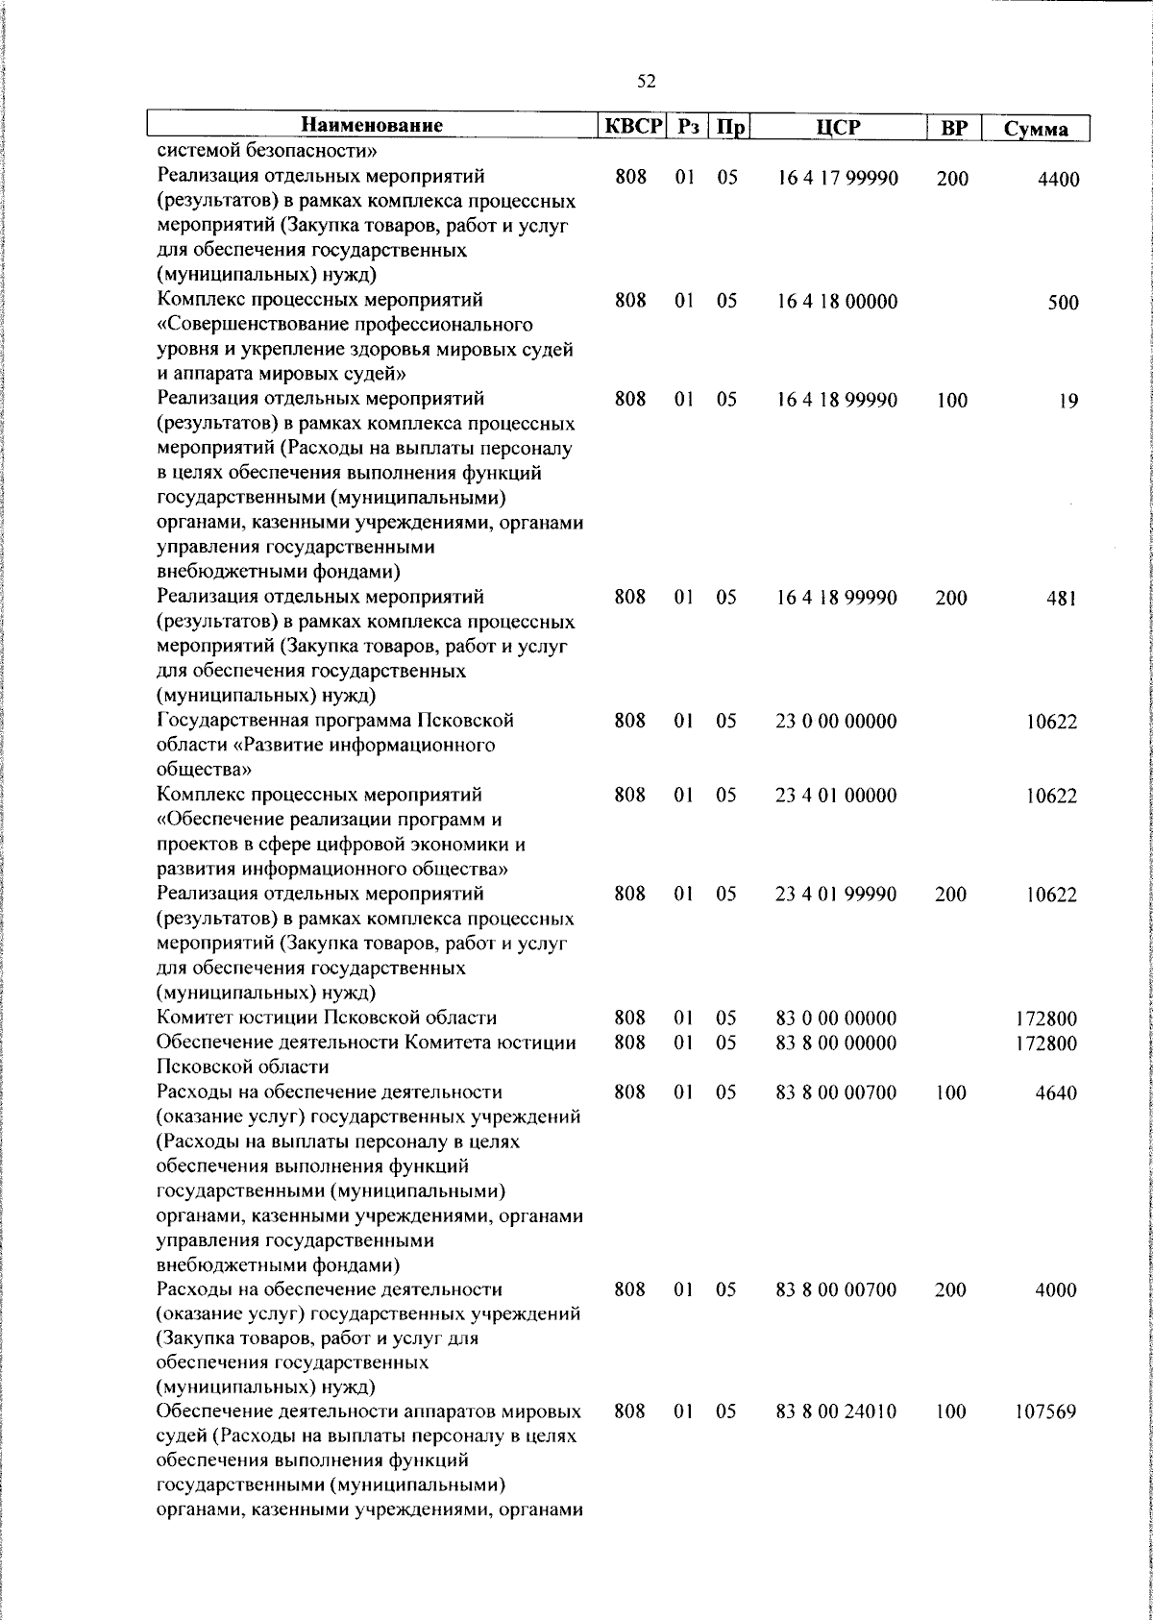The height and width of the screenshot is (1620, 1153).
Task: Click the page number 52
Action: (x=647, y=83)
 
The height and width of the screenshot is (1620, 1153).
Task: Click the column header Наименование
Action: (x=372, y=126)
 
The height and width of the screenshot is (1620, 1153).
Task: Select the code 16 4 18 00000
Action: (x=836, y=302)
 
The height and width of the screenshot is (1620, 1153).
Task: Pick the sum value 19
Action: (x=1068, y=402)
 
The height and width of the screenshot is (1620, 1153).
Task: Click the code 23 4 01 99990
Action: (x=836, y=895)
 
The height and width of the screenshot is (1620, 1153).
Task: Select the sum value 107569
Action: (x=1045, y=1412)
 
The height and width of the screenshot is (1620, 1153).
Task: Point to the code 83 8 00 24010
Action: (x=836, y=1412)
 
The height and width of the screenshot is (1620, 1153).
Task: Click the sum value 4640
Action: (x=1056, y=1093)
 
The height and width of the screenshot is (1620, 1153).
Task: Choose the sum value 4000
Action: (x=1056, y=1290)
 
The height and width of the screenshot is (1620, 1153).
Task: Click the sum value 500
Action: (x=1063, y=304)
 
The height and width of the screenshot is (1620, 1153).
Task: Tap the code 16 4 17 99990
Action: (x=836, y=179)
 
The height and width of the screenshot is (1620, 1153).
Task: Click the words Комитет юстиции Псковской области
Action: (x=327, y=1019)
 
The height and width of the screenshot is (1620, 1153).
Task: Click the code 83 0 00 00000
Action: (x=836, y=1019)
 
